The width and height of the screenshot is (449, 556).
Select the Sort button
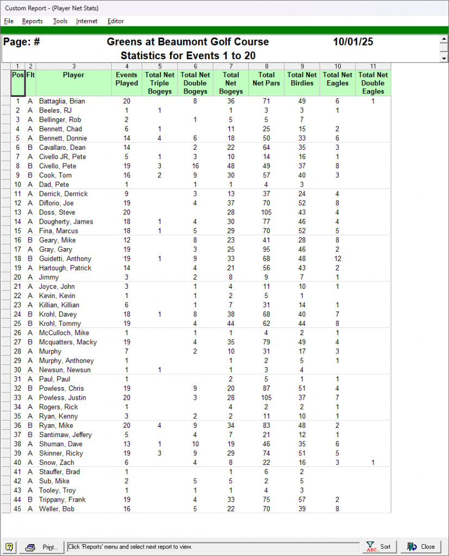pos(379,547)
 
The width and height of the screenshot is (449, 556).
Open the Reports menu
pos(33,21)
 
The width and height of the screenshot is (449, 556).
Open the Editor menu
pos(116,21)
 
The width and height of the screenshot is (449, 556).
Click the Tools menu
pos(60,21)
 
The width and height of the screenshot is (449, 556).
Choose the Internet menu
pos(87,21)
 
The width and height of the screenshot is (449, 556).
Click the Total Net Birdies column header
pos(302,79)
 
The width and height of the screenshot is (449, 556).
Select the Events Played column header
pos(127,79)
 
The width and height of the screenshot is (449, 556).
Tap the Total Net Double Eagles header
pos(373,83)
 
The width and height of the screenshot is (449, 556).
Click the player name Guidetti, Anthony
pos(65,259)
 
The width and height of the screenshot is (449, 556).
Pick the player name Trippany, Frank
pos(61,500)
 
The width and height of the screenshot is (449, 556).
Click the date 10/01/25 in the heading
pos(353,42)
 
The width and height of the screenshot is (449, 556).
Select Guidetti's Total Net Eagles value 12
pos(337,259)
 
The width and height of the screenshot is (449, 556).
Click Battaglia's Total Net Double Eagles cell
pos(373,102)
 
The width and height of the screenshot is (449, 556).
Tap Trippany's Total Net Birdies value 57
pos(302,500)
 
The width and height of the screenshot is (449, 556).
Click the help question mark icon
pos(9,547)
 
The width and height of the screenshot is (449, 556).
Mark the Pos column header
pos(17,75)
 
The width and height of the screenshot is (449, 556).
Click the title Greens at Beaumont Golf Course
pos(188,42)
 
